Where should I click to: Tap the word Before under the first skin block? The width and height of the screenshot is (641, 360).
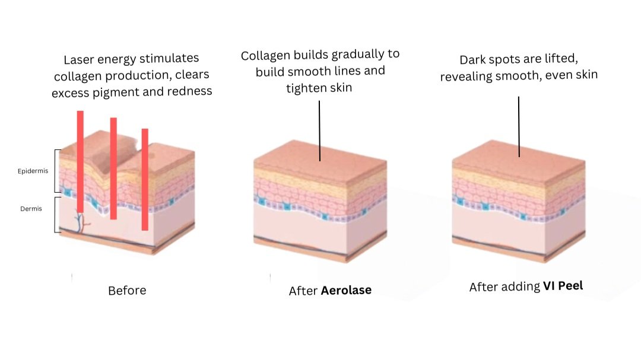click(126, 291)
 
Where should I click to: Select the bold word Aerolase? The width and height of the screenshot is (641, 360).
click(346, 291)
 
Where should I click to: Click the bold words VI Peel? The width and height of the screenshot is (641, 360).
click(563, 286)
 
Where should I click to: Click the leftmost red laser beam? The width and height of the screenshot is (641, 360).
click(80, 160)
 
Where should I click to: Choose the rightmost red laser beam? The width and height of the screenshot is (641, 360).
click(145, 178)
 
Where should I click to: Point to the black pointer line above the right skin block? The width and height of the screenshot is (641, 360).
click(519, 126)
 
